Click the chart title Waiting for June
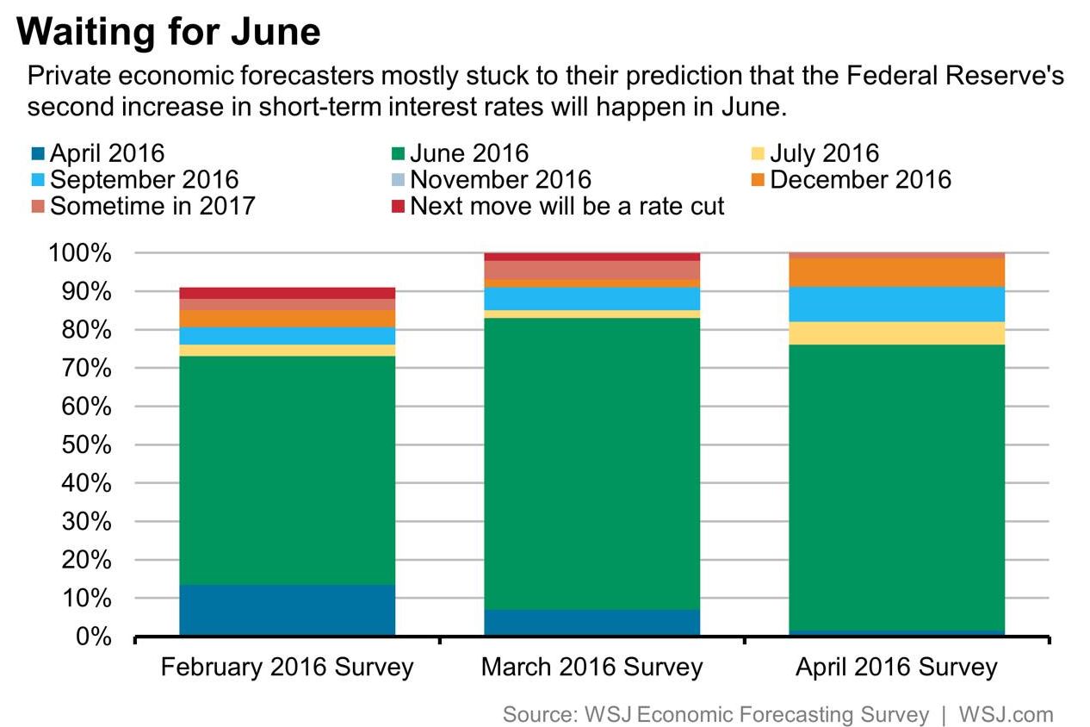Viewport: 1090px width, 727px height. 169,33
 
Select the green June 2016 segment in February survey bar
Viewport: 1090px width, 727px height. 287,469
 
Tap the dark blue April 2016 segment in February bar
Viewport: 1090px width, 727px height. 287,610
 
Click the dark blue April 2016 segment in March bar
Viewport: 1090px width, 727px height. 591,622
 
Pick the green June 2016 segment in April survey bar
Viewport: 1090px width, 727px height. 896,487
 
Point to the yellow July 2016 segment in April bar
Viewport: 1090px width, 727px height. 896,333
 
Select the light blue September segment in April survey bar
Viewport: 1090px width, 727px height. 896,304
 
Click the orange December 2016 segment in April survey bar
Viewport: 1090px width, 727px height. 896,272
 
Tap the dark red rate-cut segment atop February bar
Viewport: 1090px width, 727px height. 287,293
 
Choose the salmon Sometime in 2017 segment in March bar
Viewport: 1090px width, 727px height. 591,270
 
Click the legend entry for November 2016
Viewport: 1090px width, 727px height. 499,180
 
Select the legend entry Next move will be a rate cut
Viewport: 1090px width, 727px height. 567,207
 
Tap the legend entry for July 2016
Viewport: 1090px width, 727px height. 823,154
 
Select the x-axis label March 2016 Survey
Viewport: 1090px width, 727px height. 591,667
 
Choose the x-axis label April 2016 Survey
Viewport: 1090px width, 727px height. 896,667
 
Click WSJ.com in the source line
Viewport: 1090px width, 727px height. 1005,714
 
